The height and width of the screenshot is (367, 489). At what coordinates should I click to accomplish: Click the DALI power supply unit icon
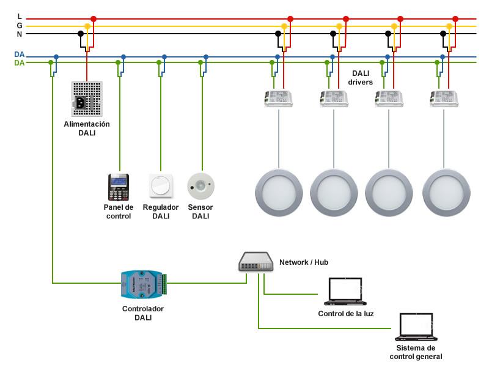[87, 99]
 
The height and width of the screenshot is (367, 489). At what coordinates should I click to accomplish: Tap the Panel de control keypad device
[118, 187]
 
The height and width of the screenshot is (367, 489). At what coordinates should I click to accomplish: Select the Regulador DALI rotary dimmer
[161, 186]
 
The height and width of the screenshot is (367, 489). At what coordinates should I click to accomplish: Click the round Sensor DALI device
[201, 186]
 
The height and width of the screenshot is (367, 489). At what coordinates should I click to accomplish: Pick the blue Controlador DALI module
[144, 284]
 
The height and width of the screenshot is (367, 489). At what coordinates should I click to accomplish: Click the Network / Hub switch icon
[256, 262]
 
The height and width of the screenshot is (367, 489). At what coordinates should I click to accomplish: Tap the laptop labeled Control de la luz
[345, 291]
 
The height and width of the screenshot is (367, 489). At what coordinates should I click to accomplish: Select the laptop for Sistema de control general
[416, 327]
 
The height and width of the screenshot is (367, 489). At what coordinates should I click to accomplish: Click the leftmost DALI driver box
[278, 98]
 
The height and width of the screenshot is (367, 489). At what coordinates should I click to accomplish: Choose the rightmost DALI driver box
[444, 98]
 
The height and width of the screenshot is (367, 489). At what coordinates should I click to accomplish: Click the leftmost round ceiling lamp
[279, 193]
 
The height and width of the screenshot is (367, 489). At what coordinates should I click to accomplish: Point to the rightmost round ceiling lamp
[446, 193]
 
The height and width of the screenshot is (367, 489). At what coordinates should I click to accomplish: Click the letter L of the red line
[20, 17]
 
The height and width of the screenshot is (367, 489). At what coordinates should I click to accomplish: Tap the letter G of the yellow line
[20, 26]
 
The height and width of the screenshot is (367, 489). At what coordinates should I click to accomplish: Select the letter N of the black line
[20, 34]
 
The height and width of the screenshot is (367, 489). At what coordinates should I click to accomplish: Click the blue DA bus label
[20, 54]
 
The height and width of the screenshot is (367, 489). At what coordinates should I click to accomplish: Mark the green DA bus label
[20, 63]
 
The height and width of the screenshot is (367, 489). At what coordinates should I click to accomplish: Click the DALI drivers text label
[361, 78]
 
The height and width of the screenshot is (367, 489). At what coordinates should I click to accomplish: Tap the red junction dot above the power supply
[94, 19]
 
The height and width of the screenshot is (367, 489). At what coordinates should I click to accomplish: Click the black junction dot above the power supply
[81, 34]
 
